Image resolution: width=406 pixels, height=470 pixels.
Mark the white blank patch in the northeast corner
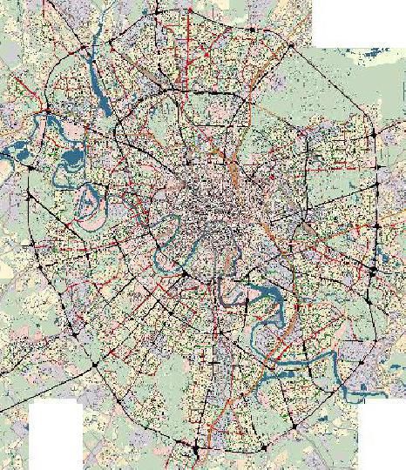(x=357, y=22)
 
